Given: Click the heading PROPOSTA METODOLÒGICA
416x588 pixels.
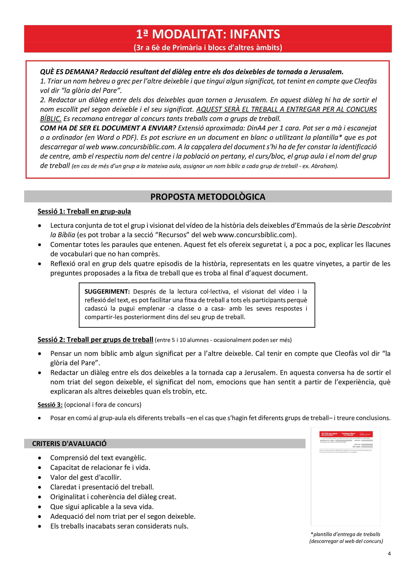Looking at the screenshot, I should coord(208,197).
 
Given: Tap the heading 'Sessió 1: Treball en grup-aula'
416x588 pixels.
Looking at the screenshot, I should coord(84,212).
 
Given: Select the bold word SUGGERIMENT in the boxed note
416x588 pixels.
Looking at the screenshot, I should coord(107,292).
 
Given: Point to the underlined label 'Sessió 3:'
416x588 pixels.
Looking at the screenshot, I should coord(50,405).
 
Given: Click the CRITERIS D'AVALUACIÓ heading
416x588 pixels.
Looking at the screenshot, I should coord(69,444).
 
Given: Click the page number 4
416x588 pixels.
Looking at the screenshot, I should coord(389,554).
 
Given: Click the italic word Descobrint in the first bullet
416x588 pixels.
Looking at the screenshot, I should coord(374,226).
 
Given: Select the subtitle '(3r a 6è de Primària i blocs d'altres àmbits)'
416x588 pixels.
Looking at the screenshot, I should coord(208,48).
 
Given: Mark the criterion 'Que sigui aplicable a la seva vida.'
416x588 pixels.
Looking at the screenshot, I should coord(102,507).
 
